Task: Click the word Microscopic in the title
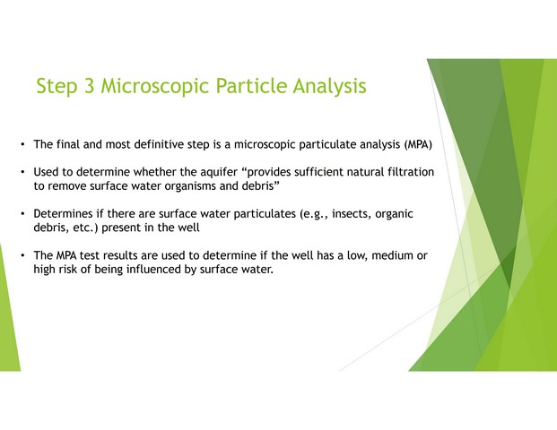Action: pos(155,86)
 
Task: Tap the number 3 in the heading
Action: pos(89,86)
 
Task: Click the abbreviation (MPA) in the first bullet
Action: pos(418,145)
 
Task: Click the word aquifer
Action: pos(219,172)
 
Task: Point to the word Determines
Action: pos(63,213)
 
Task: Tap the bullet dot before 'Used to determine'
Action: pos(22,172)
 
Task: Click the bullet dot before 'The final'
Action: pos(22,145)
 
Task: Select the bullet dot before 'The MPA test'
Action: pos(22,255)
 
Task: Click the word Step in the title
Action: pos(57,87)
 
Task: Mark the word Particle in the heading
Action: pos(251,86)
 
